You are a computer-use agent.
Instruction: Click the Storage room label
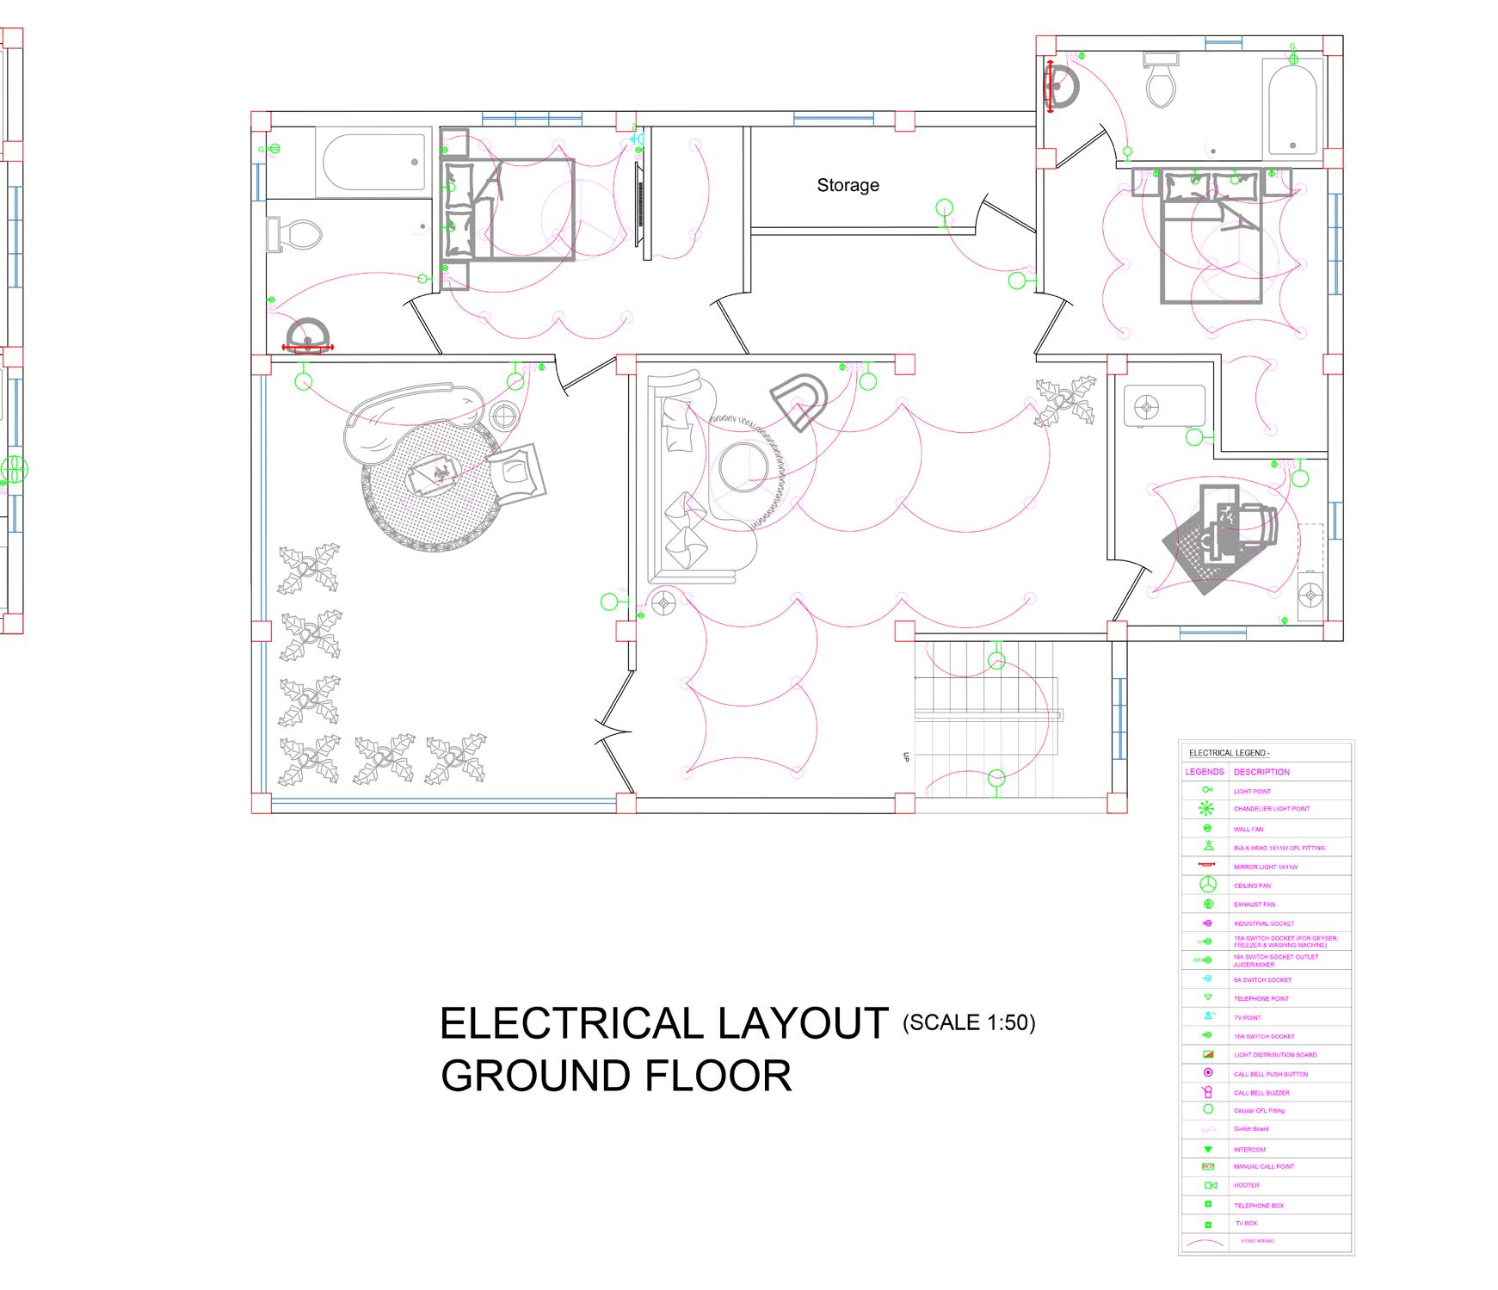848,185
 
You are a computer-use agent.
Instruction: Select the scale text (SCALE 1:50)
969,1022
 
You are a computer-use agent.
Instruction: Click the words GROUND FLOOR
616,1076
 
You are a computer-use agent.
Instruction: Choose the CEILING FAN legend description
1252,886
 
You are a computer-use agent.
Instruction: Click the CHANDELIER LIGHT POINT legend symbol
1207,809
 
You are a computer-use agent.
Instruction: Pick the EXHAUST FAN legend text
1254,904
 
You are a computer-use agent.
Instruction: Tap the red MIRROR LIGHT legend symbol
1207,865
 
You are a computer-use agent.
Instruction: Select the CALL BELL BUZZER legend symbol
1207,1092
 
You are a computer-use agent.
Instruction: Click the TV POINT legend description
1247,1017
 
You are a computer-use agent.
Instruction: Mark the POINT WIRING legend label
1257,1241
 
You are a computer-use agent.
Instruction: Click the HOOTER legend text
1246,1185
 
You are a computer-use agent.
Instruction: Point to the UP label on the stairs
905,757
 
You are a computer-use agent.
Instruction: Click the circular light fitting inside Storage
945,207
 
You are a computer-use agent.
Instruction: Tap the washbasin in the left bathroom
307,336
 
